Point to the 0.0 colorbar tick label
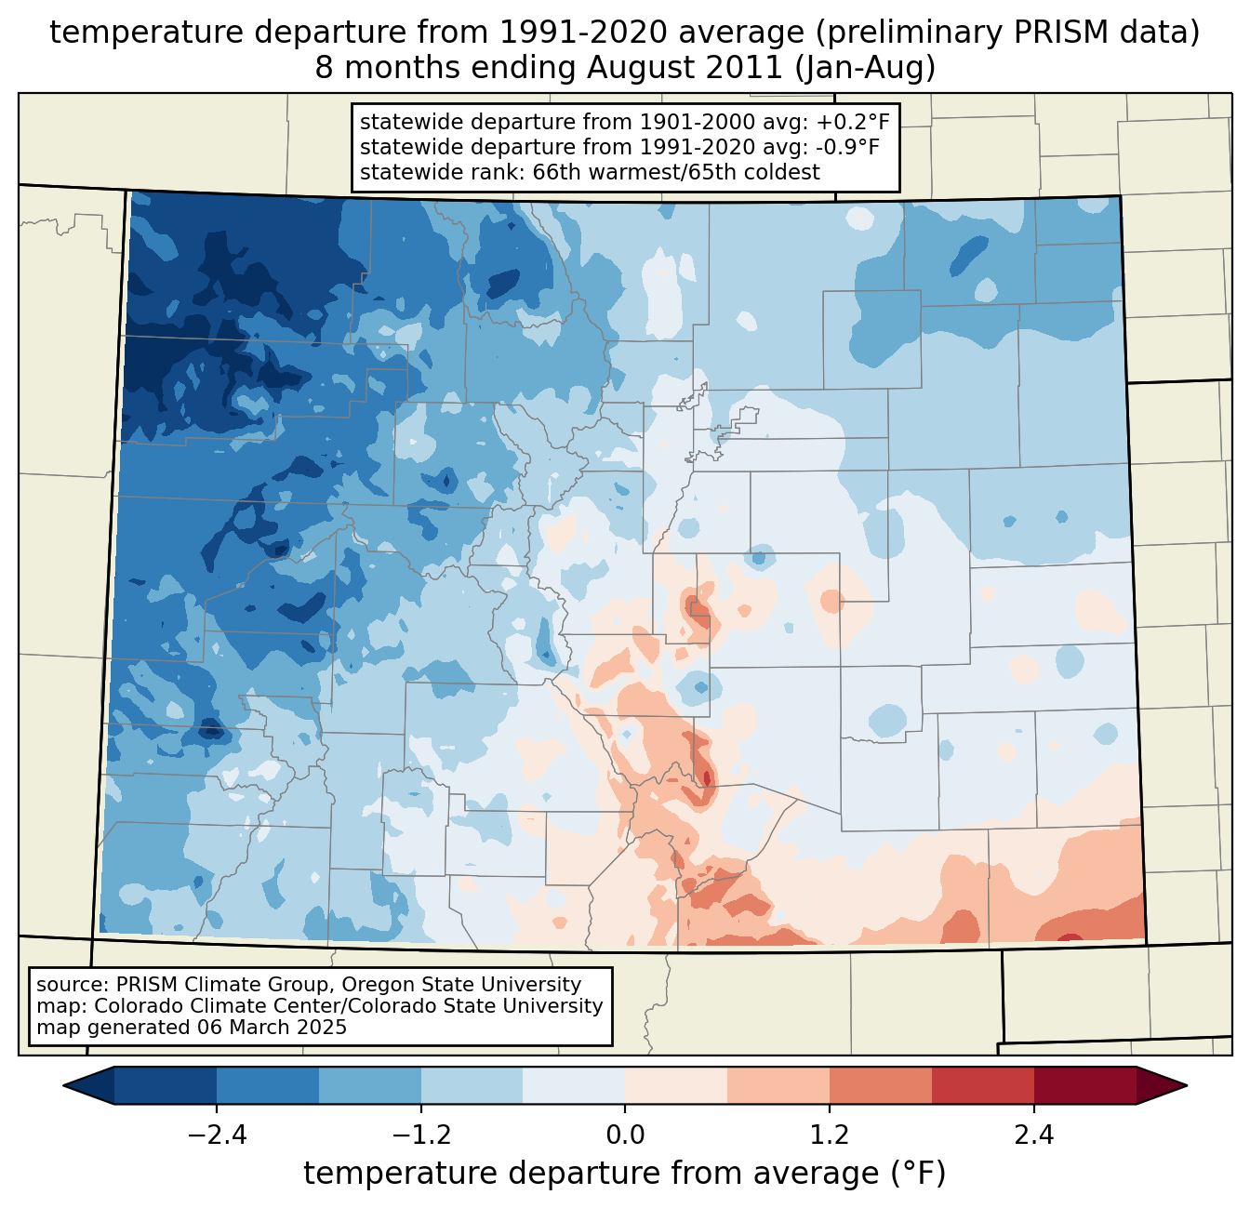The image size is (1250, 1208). click(625, 1135)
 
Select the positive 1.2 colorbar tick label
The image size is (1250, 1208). click(830, 1135)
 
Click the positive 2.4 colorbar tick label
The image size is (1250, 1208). click(1034, 1135)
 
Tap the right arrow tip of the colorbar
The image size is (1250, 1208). click(1184, 1085)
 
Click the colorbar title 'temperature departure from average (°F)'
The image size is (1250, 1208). click(625, 1174)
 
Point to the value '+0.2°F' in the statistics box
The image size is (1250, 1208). click(853, 122)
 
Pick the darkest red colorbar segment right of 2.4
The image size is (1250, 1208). click(1084, 1085)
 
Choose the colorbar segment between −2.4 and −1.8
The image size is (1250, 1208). click(268, 1085)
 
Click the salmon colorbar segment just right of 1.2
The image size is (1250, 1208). click(880, 1085)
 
